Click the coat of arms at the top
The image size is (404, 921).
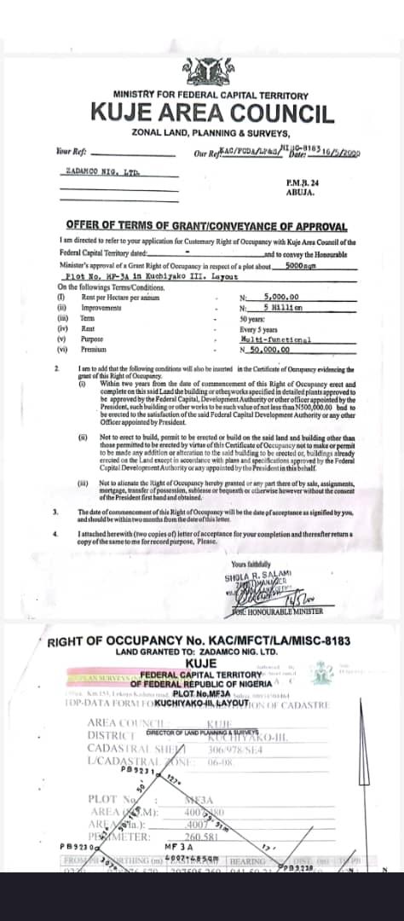pos(202,72)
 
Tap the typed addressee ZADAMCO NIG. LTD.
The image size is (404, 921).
pos(101,171)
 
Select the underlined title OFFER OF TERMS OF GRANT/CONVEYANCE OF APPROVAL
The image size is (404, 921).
pos(206,226)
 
